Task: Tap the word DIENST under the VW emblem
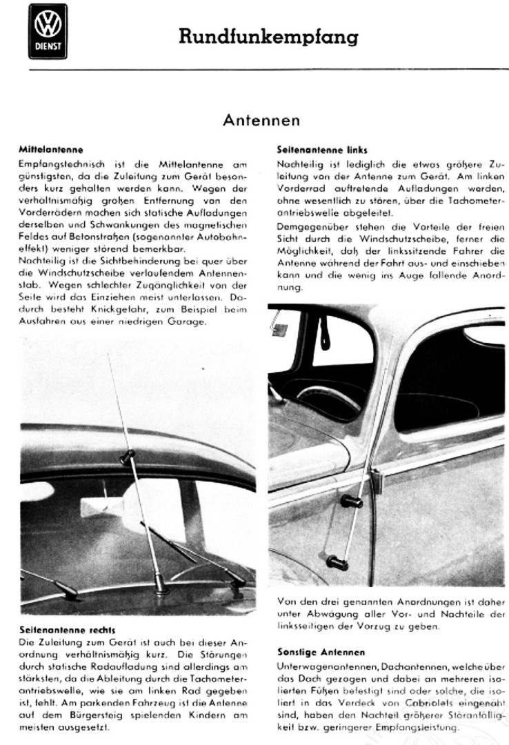click(48, 48)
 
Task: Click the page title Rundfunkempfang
click(268, 37)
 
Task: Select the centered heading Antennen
click(261, 121)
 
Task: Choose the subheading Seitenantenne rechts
click(57, 630)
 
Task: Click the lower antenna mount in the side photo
click(337, 562)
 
